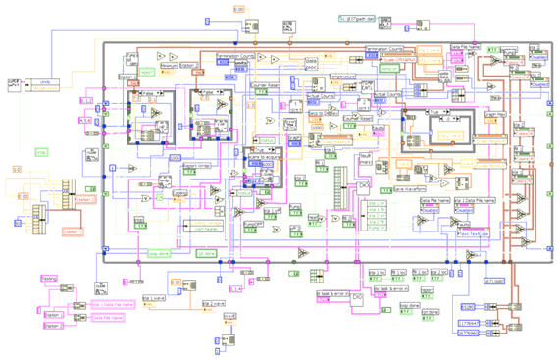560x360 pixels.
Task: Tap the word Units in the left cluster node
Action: (x=44, y=81)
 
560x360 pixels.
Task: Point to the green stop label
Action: (x=42, y=152)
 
